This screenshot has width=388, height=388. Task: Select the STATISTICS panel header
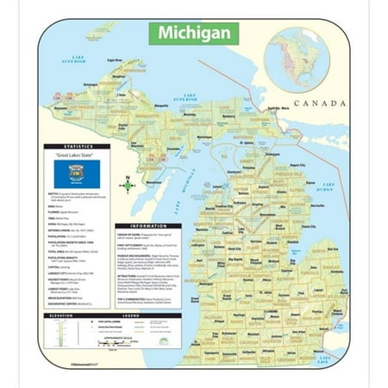coord(80,148)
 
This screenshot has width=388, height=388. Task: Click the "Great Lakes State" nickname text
coord(80,157)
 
